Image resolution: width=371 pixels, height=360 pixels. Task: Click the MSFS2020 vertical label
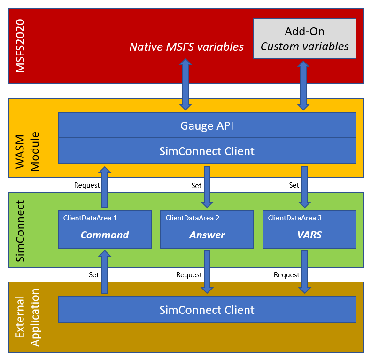coord(21,46)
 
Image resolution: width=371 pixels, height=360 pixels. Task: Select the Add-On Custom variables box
coord(304,39)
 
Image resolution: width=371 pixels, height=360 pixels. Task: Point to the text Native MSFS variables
coord(186,47)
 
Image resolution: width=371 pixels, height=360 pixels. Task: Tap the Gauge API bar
coord(207,125)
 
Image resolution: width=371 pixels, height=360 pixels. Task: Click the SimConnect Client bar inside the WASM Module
coord(207,151)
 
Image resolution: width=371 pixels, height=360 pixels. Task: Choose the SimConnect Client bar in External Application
coord(207,310)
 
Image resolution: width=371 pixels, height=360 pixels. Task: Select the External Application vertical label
coord(27,317)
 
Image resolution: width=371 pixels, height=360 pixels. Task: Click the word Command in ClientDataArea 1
coord(104,235)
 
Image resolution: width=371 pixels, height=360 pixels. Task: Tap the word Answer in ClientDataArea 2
coord(207,235)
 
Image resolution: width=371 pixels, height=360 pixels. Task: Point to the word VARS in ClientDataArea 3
coord(309,235)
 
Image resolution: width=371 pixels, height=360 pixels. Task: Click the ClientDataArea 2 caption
coord(193,218)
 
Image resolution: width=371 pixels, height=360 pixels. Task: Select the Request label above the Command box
coord(87,185)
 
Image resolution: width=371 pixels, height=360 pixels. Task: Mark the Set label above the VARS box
coord(294,185)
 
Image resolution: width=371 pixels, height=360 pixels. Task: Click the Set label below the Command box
coord(94,274)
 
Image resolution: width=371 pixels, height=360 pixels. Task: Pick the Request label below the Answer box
coord(189,274)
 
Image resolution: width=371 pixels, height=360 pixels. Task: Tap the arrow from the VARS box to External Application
coord(305,272)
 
